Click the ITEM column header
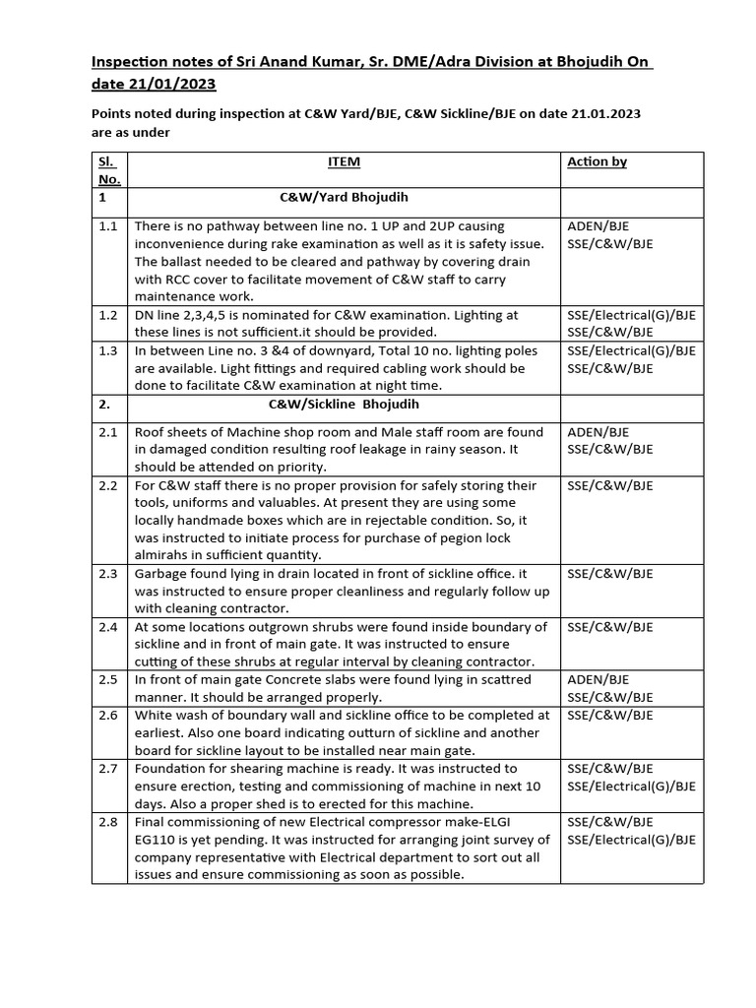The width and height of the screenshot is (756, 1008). (x=344, y=162)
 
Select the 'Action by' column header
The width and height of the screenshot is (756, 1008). (x=597, y=162)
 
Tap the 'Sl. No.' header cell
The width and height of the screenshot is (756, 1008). (x=108, y=170)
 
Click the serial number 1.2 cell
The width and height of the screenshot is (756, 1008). (x=108, y=315)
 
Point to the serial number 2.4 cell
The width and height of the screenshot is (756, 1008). (x=108, y=627)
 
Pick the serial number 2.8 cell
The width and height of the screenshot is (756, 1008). (x=108, y=822)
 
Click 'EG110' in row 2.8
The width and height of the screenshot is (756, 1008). (x=157, y=840)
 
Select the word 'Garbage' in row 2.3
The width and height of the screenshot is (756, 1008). (x=160, y=574)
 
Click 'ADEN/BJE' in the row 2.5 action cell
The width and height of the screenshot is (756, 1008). (x=598, y=680)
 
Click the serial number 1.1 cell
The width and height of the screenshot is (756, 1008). (x=108, y=226)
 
